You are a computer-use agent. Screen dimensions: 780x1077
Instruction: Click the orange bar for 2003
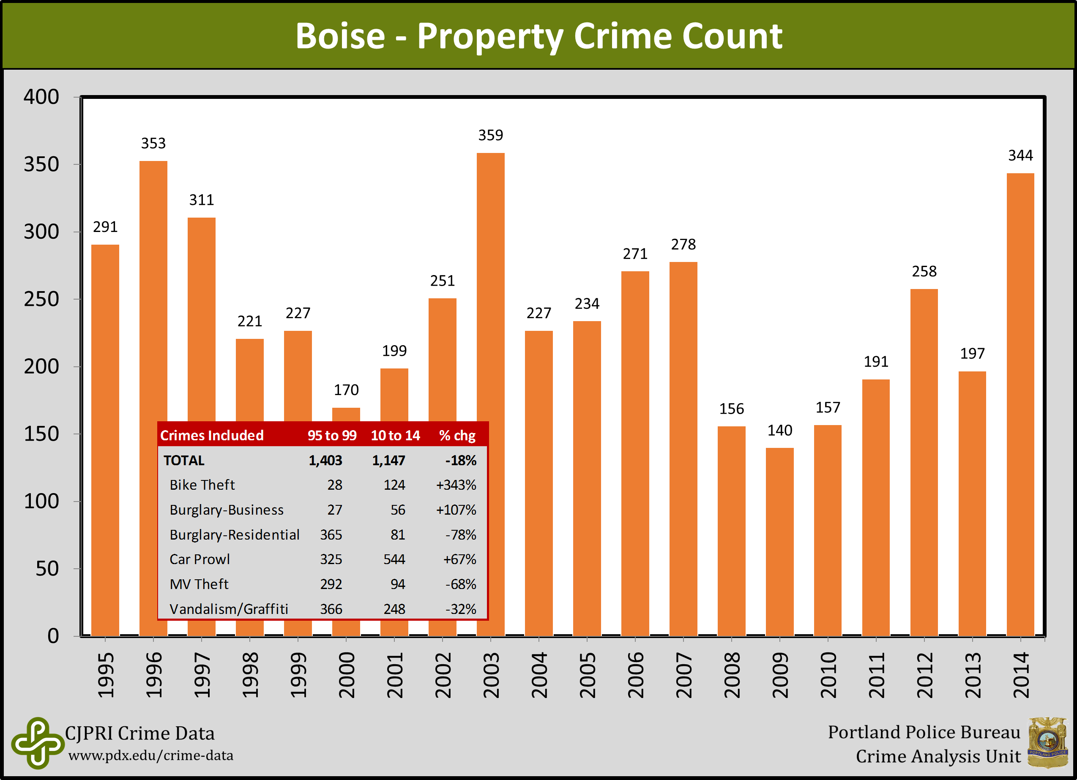(491, 285)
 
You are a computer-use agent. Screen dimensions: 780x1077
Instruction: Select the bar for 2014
(1020, 404)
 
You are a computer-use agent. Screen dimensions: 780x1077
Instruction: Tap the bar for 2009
(779, 541)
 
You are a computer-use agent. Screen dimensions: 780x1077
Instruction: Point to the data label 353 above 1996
(153, 143)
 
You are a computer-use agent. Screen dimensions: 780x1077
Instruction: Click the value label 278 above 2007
(683, 245)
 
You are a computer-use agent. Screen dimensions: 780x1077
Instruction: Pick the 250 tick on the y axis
(42, 299)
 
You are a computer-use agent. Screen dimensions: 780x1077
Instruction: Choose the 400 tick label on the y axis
(42, 97)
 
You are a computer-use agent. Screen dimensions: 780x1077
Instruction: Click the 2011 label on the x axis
(876, 675)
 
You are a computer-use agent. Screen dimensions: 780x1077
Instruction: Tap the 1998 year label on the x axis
(250, 675)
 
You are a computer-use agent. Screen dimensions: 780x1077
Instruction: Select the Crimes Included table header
(212, 435)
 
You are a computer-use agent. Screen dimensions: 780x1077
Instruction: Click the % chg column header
(457, 435)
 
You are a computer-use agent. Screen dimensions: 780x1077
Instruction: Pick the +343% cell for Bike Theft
(456, 485)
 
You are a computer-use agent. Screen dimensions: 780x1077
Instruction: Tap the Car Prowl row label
(200, 559)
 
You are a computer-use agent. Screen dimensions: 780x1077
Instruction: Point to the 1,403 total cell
(325, 461)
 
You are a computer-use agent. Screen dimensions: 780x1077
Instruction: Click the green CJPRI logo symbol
(38, 742)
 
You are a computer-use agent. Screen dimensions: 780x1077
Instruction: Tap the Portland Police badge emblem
(1047, 742)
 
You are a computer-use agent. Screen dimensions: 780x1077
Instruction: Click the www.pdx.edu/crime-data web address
(151, 755)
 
